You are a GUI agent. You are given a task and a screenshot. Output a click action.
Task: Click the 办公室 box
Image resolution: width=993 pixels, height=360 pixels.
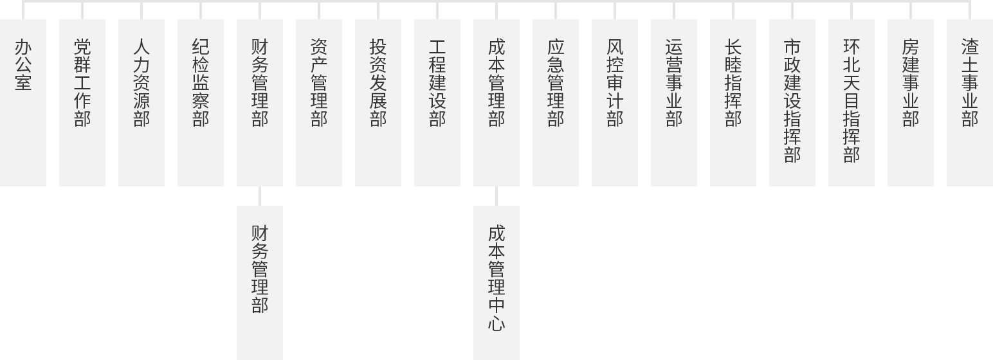click(23, 103)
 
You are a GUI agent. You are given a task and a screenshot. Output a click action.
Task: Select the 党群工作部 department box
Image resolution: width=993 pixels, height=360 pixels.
click(82, 103)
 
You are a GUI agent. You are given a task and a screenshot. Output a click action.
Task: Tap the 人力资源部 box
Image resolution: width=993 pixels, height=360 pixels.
click(141, 103)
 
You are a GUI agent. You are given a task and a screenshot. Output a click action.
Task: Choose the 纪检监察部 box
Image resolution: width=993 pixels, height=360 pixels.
click(201, 103)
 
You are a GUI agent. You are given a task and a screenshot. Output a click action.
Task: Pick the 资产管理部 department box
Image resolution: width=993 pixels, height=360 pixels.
click(319, 103)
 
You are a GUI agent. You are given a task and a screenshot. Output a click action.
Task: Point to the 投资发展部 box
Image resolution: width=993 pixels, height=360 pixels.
click(378, 103)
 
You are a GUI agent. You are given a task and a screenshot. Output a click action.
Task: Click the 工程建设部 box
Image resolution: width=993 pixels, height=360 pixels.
click(437, 103)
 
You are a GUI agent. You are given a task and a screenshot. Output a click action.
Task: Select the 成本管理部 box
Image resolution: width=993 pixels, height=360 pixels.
click(496, 103)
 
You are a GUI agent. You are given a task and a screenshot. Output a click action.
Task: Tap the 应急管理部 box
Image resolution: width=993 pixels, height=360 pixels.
click(556, 103)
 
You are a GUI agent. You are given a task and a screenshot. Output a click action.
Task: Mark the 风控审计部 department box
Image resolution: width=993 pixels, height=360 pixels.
click(615, 103)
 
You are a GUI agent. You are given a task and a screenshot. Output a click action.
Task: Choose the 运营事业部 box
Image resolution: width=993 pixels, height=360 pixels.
click(674, 103)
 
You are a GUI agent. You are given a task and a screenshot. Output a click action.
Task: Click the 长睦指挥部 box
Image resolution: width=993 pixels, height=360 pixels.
click(733, 103)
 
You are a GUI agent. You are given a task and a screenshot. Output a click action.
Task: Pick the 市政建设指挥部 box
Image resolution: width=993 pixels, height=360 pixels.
click(792, 103)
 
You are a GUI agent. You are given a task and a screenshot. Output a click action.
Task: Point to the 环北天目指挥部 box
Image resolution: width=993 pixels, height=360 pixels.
click(852, 103)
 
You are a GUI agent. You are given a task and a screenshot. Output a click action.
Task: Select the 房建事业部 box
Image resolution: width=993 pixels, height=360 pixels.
click(911, 103)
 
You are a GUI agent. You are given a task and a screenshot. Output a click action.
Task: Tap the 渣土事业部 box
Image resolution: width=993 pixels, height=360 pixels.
click(970, 103)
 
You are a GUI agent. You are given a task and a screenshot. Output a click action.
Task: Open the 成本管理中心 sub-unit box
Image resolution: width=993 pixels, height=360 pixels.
click(496, 283)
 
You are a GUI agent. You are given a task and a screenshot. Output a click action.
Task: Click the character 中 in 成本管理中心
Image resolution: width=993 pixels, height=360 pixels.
click(496, 305)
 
